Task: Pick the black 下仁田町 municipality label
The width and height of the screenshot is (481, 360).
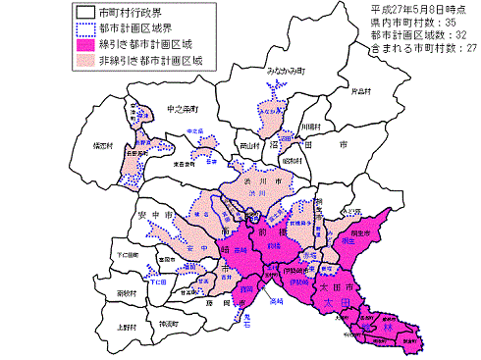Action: point(128,254)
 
